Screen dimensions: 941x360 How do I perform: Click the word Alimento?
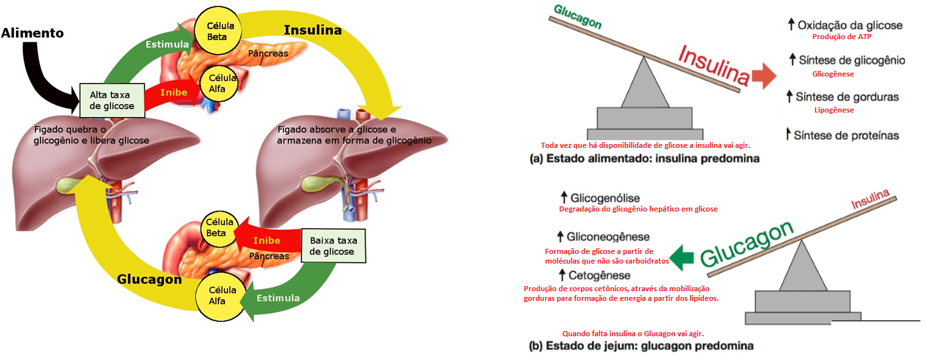click(32, 33)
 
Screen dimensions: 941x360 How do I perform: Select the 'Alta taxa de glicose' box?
click(112, 100)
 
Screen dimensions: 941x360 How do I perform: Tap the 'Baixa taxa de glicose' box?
click(334, 246)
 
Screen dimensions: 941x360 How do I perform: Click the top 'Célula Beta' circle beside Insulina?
click(218, 31)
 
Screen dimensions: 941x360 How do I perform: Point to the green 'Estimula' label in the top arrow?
click(167, 44)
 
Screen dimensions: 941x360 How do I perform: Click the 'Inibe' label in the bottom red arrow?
click(266, 240)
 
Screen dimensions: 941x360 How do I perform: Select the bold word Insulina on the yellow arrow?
click(312, 30)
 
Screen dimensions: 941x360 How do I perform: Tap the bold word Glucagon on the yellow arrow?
click(149, 280)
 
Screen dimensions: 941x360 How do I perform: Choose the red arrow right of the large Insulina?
click(764, 76)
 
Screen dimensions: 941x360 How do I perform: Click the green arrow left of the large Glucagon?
click(681, 258)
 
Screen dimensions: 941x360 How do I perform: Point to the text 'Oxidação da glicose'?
click(850, 25)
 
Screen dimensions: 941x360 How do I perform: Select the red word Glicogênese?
click(833, 74)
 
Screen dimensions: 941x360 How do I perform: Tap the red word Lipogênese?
click(834, 110)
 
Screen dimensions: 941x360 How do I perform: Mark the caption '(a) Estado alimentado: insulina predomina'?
click(645, 158)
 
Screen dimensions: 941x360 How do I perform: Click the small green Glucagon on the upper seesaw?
click(578, 16)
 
